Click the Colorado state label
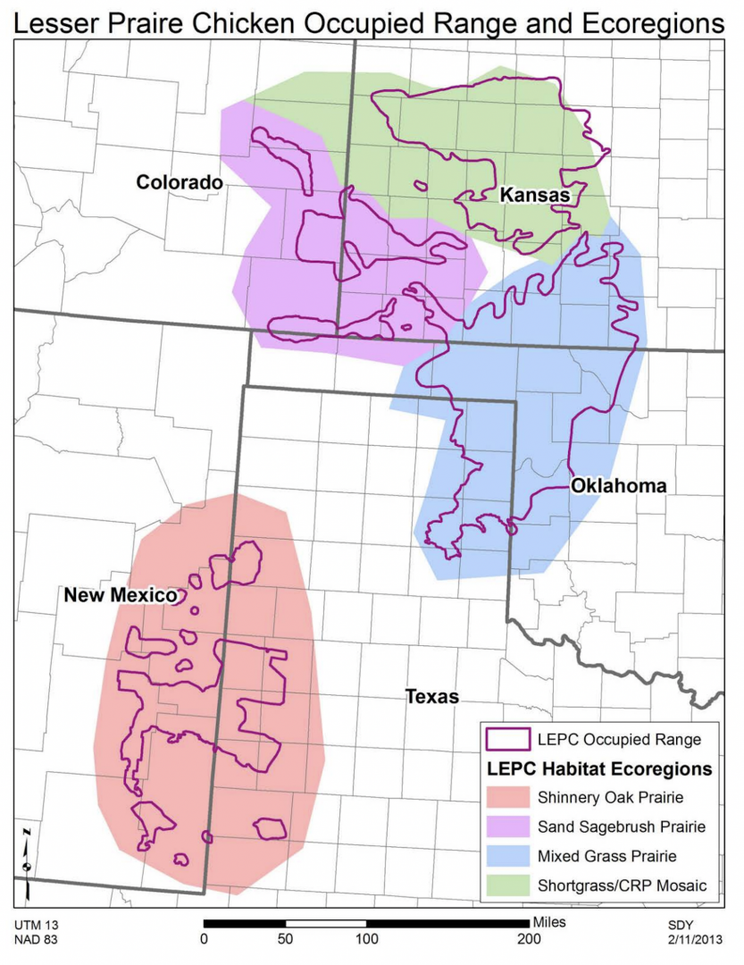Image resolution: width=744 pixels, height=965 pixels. (x=179, y=182)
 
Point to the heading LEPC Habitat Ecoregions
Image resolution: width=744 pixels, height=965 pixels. (x=598, y=768)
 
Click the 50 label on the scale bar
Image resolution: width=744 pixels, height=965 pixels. (x=286, y=938)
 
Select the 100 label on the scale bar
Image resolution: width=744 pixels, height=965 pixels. (x=367, y=938)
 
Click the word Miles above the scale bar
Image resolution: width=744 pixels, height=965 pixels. (x=548, y=919)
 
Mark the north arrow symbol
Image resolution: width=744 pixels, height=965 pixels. (x=28, y=861)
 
